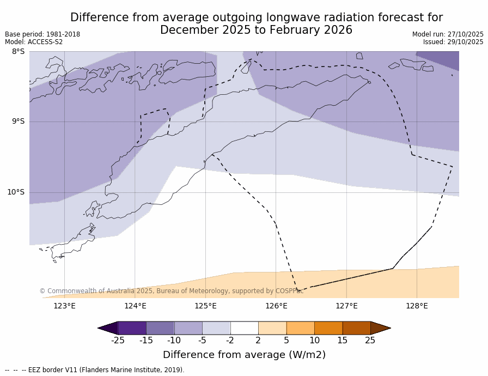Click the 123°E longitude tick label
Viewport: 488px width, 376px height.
point(64,306)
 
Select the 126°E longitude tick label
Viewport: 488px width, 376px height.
point(276,306)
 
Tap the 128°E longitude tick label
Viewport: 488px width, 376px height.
point(417,306)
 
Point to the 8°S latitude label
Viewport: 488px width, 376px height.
point(18,52)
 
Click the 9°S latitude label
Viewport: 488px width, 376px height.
point(18,122)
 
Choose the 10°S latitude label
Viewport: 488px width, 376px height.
point(16,192)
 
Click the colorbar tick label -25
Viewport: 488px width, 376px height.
point(118,341)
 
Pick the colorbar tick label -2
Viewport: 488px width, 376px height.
point(230,341)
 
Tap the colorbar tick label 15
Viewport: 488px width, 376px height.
point(342,341)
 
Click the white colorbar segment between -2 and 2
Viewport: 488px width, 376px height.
point(244,328)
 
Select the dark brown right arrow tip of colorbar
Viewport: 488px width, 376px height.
point(380,328)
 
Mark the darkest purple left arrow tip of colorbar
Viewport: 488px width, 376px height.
point(108,328)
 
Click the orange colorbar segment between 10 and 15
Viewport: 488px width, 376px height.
point(328,328)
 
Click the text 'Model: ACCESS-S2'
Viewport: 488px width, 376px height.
point(34,42)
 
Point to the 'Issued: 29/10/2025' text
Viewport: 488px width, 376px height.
point(453,42)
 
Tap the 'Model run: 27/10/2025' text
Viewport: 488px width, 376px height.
point(448,34)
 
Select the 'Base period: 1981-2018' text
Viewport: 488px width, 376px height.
point(42,34)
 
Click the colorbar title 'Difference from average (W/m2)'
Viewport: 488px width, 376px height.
point(244,355)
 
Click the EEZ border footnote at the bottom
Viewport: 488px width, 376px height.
point(95,370)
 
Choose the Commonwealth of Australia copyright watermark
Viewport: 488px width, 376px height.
point(171,291)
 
